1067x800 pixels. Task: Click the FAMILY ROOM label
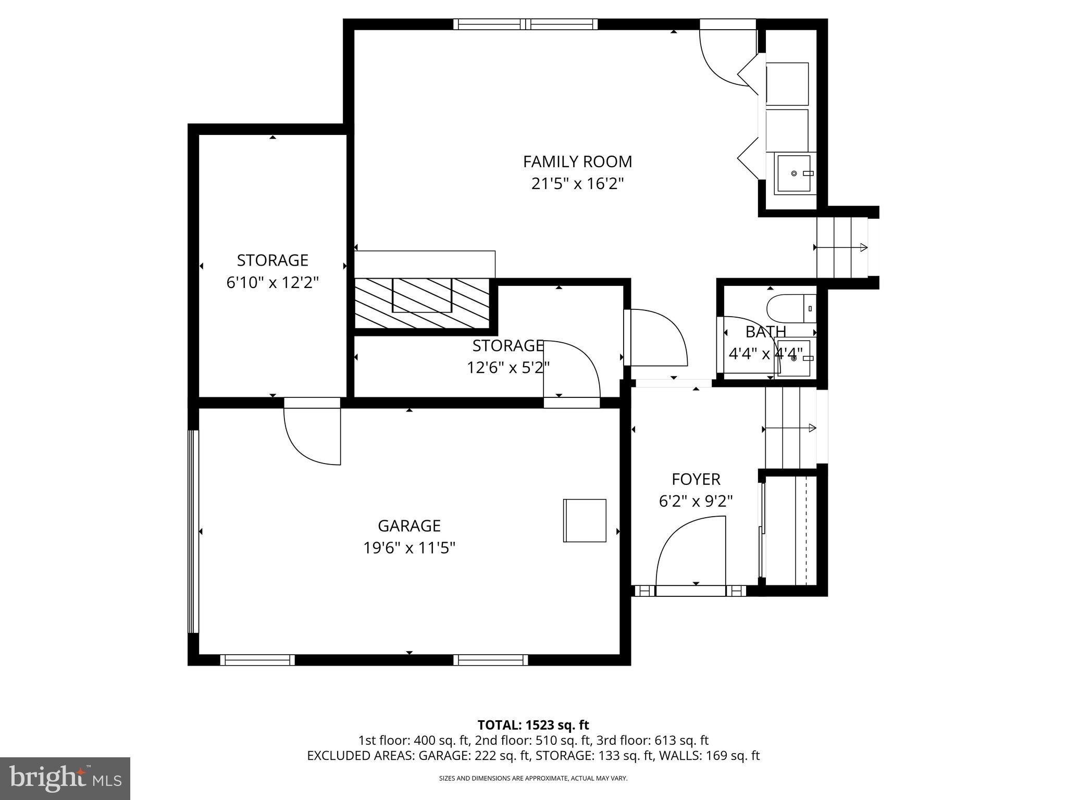pyautogui.click(x=577, y=162)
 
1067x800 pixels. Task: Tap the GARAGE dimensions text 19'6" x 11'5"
pyautogui.click(x=410, y=548)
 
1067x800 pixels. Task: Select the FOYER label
pyautogui.click(x=696, y=479)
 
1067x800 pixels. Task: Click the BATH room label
pyautogui.click(x=765, y=332)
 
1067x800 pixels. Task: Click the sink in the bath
pyautogui.click(x=793, y=358)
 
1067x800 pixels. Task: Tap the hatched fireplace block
pyautogui.click(x=422, y=303)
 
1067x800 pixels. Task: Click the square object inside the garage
pyautogui.click(x=585, y=520)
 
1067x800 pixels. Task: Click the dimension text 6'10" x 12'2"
pyautogui.click(x=272, y=283)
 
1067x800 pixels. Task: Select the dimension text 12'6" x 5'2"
pyautogui.click(x=508, y=368)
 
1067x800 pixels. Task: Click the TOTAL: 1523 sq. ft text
pyautogui.click(x=533, y=725)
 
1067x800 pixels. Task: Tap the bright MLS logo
pyautogui.click(x=65, y=778)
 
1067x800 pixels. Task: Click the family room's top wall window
pyautogui.click(x=526, y=24)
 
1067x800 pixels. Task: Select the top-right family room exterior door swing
pyautogui.click(x=727, y=55)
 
